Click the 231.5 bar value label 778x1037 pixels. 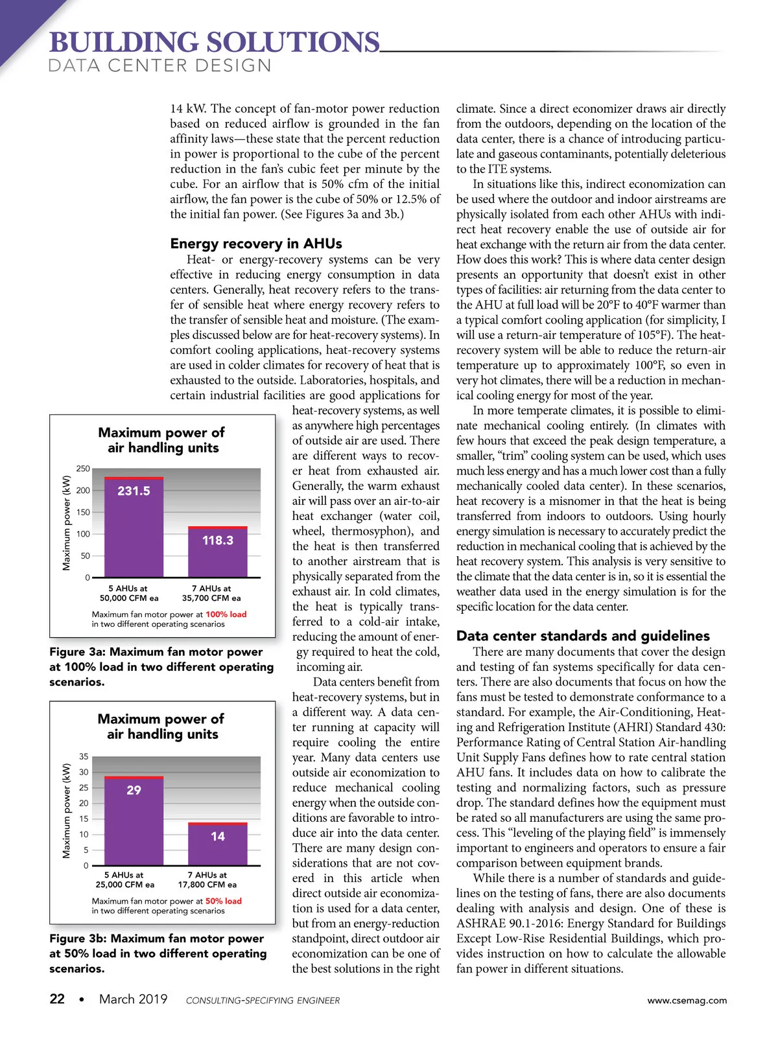134,491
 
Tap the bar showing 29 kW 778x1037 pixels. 134,821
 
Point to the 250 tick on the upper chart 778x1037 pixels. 83,469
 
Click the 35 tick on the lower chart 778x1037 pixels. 84,756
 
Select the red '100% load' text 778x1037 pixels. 226,614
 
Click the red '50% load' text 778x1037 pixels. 223,901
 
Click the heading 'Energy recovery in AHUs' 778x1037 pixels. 255,244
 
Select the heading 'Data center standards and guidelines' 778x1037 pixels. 583,636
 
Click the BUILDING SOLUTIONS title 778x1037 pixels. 214,43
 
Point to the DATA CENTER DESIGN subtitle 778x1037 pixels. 160,66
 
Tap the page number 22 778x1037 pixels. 57,999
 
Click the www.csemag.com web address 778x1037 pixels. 687,1000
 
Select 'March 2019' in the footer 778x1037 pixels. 133,999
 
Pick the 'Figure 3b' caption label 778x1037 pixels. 77,938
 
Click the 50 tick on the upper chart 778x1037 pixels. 85,556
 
